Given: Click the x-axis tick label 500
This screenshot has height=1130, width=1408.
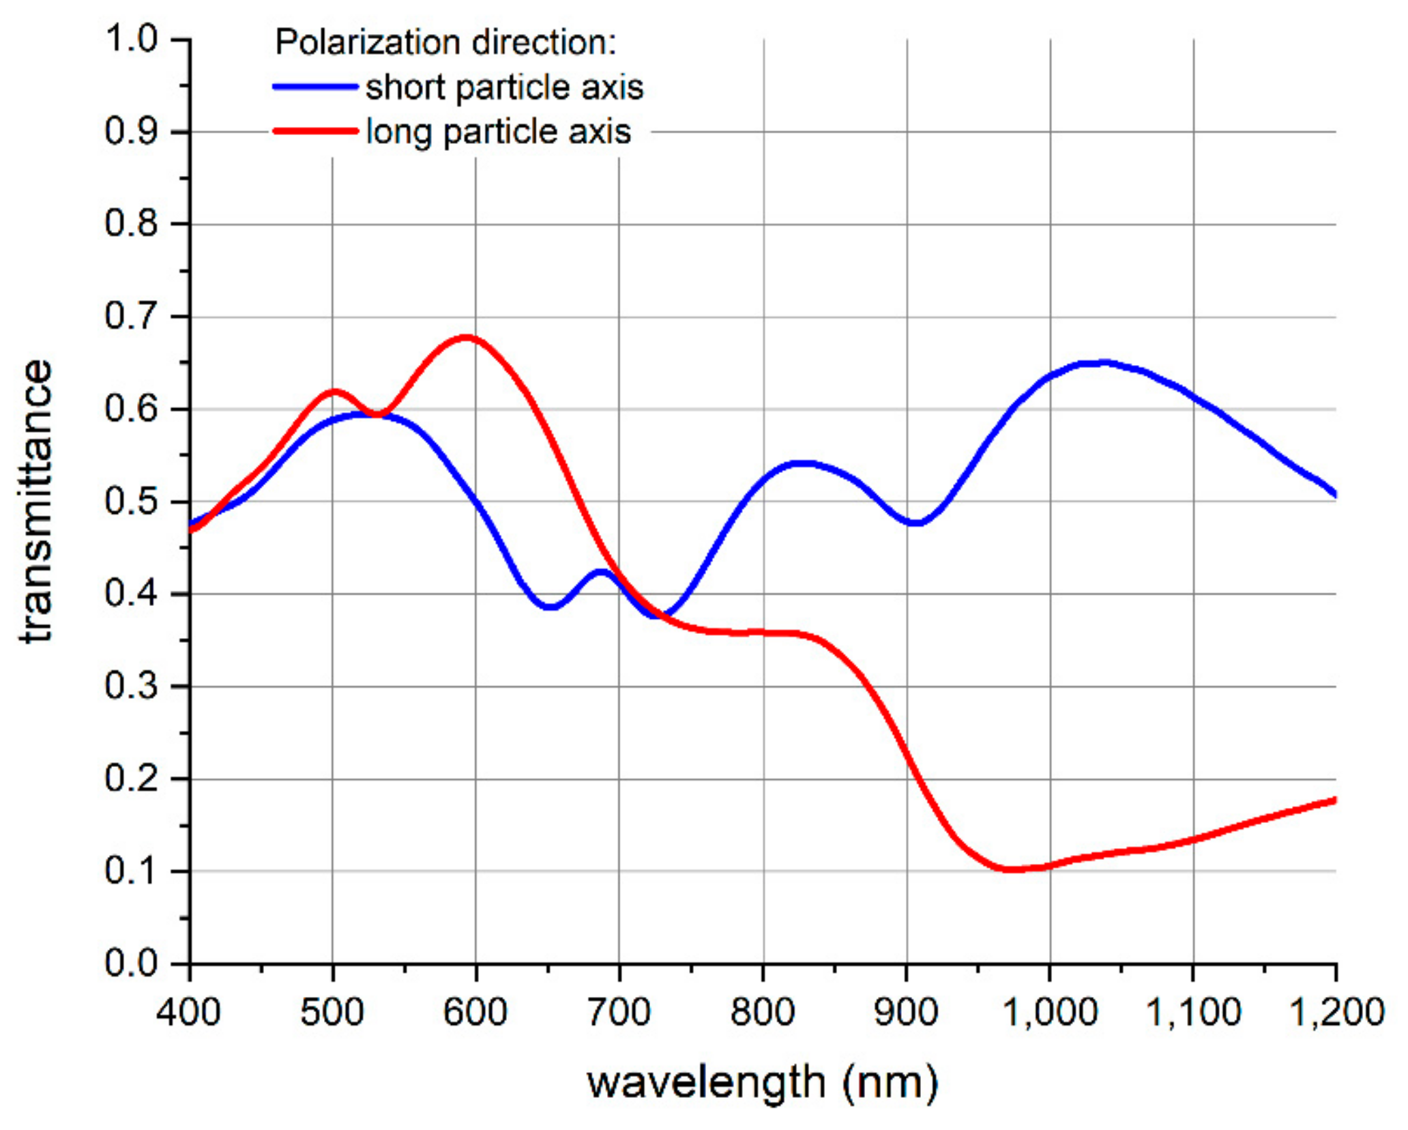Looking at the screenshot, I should [332, 1012].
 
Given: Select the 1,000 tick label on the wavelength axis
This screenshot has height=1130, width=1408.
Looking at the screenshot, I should [1050, 1012].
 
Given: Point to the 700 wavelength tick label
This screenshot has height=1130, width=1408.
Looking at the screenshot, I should [619, 1012].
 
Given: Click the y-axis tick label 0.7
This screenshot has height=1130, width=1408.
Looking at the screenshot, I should [131, 316].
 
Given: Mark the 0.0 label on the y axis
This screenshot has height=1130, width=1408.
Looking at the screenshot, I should [131, 964].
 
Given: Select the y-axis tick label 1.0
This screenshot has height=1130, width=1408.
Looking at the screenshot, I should [131, 39].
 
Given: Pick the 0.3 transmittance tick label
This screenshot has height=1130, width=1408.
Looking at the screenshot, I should [131, 686].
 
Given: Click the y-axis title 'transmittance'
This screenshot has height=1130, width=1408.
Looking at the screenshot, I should [36, 502].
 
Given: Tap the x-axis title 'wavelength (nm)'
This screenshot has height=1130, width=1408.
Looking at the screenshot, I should [763, 1083].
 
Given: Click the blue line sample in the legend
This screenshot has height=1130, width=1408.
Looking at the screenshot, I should [315, 87].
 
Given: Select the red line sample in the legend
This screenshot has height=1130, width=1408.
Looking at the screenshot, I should [315, 131].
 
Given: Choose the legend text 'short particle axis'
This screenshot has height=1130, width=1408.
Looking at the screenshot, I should [504, 87].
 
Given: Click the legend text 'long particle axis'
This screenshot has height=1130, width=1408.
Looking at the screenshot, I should [498, 132].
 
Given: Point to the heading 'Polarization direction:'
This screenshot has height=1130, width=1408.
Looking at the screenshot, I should [445, 42].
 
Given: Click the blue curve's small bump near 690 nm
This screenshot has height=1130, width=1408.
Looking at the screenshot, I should [602, 571].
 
